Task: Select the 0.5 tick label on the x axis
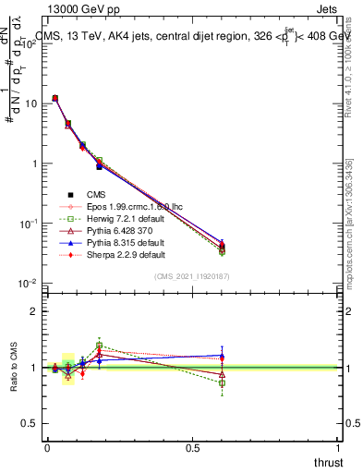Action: pos(192,447)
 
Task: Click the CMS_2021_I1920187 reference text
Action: pos(192,275)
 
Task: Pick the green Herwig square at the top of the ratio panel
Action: pos(99,346)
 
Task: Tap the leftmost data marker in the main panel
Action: pos(55,98)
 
